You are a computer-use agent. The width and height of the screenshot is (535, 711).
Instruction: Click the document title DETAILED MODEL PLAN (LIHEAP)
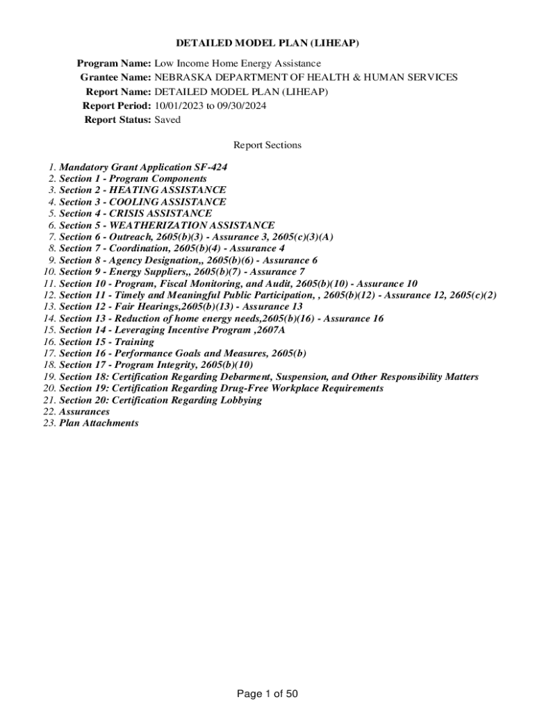point(267,44)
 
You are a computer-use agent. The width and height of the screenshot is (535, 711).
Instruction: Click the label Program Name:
point(114,63)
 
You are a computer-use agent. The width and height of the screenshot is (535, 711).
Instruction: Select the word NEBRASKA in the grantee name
point(182,77)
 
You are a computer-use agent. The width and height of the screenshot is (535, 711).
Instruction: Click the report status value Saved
point(167,119)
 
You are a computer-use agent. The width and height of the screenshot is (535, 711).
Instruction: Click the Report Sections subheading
point(267,145)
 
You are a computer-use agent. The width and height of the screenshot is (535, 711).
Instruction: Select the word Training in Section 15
point(135,342)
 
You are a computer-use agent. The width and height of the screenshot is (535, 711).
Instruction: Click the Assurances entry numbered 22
point(84,412)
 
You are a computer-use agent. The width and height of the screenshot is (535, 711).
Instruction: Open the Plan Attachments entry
point(99,423)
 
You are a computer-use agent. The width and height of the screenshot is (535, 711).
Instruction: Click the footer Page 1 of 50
point(267,694)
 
